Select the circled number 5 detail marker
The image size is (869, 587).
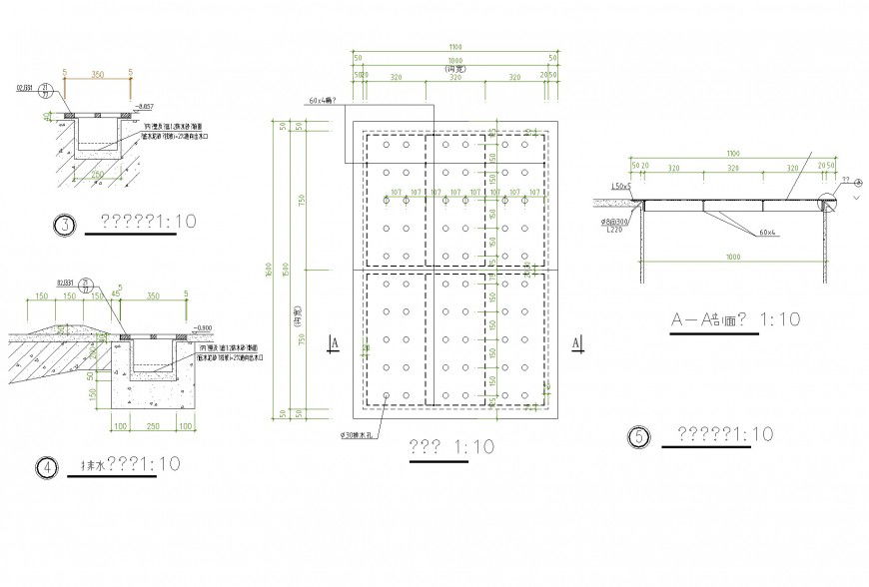(x=636, y=436)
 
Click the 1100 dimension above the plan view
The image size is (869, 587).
(x=454, y=47)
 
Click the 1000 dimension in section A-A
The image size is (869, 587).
(x=735, y=258)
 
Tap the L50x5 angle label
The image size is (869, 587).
(x=620, y=187)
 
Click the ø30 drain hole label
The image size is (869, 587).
(x=358, y=434)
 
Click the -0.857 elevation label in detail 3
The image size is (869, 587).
(x=145, y=107)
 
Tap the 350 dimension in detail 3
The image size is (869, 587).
(x=97, y=74)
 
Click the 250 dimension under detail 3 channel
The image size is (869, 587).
(x=95, y=173)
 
